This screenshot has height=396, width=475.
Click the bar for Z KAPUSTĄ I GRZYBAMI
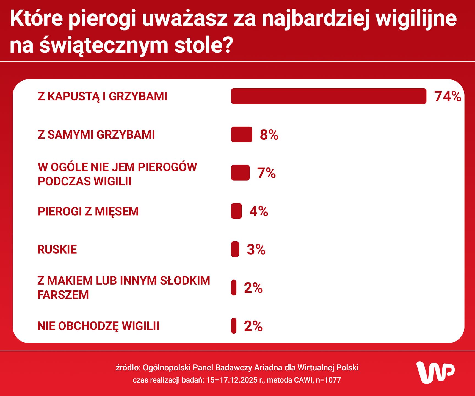coord(328,96)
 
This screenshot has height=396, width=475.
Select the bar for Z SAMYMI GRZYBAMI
coord(242,134)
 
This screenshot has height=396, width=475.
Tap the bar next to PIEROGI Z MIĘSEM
coord(236,211)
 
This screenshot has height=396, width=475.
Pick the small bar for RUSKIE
coord(235,249)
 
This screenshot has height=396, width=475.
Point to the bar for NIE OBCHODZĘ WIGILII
coord(234,326)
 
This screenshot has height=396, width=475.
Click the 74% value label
coord(448,97)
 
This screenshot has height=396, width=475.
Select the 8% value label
coord(269,135)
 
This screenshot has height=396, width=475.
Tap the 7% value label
coord(266,173)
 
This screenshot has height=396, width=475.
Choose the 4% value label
coord(259,211)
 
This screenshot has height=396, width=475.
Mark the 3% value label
coord(256,249)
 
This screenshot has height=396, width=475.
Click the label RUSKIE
coord(57,249)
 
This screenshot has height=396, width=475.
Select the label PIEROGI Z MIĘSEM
coord(88,211)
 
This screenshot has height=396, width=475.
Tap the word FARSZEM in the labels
coord(63,295)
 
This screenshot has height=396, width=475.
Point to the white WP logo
coord(435,372)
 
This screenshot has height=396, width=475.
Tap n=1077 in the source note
coord(328,380)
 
